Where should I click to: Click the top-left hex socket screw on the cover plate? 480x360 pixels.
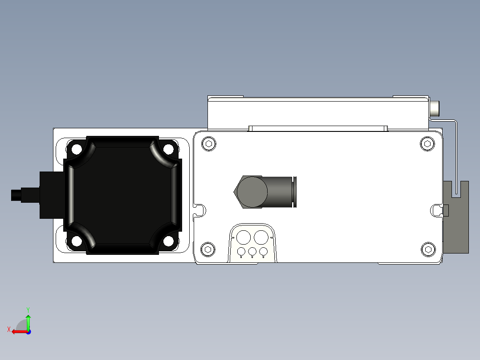coord(209,143)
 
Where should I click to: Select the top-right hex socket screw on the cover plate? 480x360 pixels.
coord(427,143)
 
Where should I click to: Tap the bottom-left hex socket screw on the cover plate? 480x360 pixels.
coord(207,250)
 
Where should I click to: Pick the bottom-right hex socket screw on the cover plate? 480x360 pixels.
coord(427,250)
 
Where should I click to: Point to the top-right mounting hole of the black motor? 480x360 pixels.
coord(168,148)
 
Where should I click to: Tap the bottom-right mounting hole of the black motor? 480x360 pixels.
coord(168,241)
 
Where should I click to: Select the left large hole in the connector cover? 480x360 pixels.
coord(243,237)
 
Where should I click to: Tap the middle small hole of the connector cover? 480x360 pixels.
coord(252,252)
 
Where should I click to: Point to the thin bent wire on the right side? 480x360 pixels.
coord(456,151)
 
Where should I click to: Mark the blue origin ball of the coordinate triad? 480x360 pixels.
coord(28,331)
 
